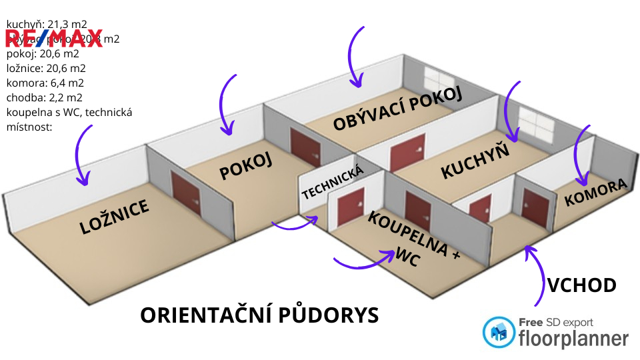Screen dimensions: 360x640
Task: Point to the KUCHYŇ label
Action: coord(475,161)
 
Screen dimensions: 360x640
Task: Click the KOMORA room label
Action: coord(595,192)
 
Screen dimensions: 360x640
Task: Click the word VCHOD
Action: coord(581,286)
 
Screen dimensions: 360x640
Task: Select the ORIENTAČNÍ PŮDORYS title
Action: coord(259,315)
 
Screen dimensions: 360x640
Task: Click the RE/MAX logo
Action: coord(54,38)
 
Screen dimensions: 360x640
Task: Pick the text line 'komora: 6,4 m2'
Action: coord(45,83)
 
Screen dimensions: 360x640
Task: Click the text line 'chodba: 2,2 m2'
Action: coord(45,97)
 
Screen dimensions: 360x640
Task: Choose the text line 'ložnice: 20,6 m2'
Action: coord(46,68)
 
